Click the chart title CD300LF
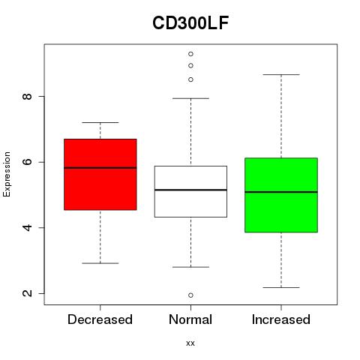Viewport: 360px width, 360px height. tap(190, 23)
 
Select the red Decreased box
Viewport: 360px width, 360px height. tap(100, 174)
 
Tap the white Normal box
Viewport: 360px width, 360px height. tap(190, 191)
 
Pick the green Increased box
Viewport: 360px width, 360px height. tap(281, 195)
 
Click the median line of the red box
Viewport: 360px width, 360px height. tap(100, 168)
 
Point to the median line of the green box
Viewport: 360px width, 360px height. tap(281, 192)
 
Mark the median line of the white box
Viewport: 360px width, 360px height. tap(190, 190)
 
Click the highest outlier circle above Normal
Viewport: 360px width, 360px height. tap(190, 54)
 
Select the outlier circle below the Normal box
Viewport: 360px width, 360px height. tap(190, 295)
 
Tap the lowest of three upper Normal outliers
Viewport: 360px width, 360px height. tap(190, 79)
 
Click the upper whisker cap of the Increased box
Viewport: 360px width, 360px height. tap(281, 74)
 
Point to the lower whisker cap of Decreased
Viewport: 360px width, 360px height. tap(100, 263)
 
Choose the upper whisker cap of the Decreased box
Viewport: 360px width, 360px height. tap(100, 122)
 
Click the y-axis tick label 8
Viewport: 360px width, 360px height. tap(28, 97)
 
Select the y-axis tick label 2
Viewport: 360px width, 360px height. tap(28, 293)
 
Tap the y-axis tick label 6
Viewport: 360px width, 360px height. tap(28, 162)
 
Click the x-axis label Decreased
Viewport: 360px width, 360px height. tap(100, 319)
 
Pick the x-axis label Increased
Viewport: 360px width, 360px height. tap(281, 319)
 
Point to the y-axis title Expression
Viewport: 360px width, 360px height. tap(7, 174)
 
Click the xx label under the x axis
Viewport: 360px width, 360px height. tap(190, 343)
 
